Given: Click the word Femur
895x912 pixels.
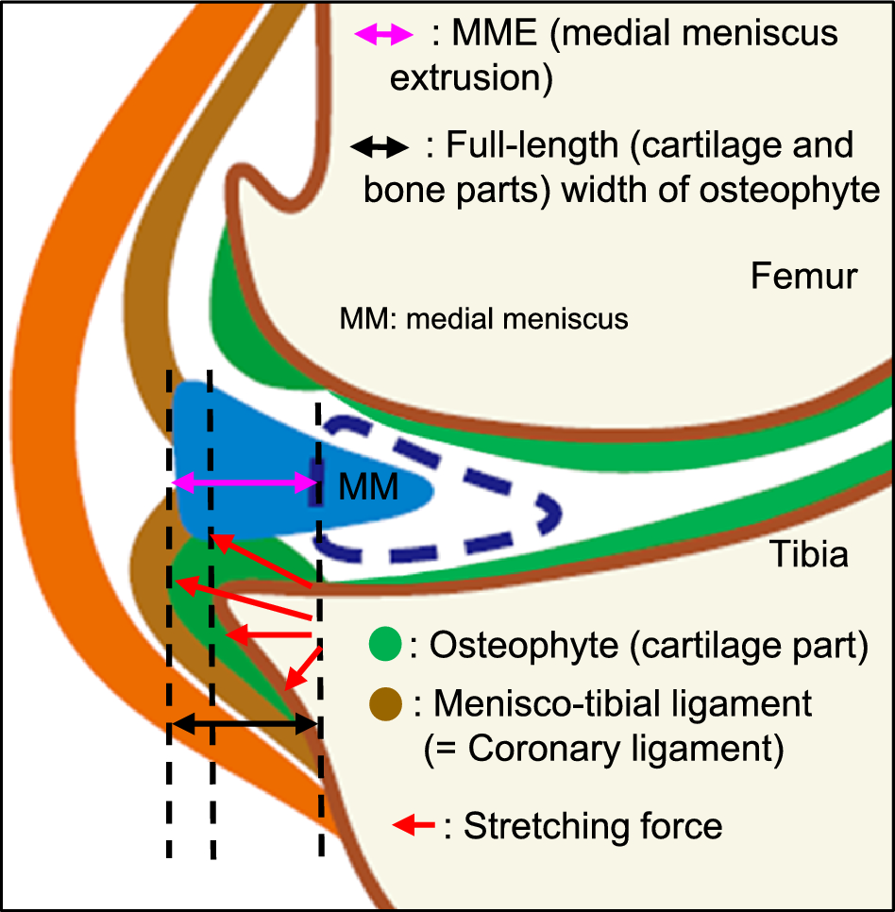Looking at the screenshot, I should click(804, 277).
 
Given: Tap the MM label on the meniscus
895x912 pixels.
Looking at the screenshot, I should click(367, 489).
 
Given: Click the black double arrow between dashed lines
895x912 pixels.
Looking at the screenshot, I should click(244, 724).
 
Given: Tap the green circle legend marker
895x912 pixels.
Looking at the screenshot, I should click(386, 646).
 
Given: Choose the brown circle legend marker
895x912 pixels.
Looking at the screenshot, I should click(386, 702).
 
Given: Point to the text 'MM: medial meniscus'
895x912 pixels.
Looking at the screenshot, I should click(483, 319).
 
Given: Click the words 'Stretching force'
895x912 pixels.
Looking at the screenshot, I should click(593, 826).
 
